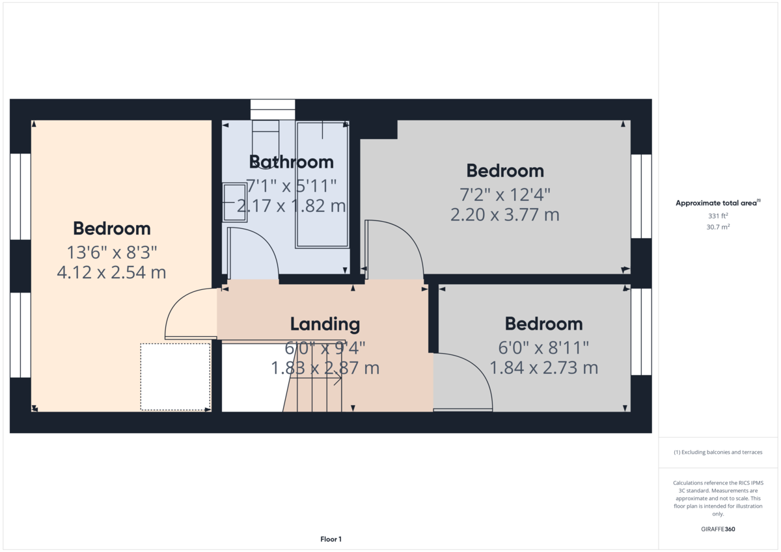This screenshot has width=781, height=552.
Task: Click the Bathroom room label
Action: (291, 162)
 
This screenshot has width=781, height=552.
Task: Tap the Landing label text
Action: (325, 324)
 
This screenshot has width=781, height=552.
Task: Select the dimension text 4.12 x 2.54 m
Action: (111, 272)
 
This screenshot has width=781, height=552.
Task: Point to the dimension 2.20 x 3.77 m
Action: (505, 215)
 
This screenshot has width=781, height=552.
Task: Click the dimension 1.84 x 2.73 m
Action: (544, 368)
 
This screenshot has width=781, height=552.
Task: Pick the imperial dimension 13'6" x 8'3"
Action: (111, 252)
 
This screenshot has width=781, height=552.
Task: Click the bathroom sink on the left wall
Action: (235, 202)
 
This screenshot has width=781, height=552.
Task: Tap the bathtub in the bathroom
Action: (322, 185)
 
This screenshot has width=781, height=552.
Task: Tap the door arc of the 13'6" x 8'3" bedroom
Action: (177, 302)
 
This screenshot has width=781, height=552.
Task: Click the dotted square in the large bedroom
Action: (175, 377)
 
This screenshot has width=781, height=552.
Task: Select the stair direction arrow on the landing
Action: (316, 378)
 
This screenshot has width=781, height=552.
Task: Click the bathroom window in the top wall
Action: (273, 110)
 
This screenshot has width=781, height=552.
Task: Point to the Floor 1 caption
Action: (331, 539)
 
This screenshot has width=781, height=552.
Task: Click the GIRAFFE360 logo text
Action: (718, 529)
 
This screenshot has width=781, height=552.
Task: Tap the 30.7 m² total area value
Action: (718, 227)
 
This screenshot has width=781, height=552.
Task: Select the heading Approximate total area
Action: (718, 203)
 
